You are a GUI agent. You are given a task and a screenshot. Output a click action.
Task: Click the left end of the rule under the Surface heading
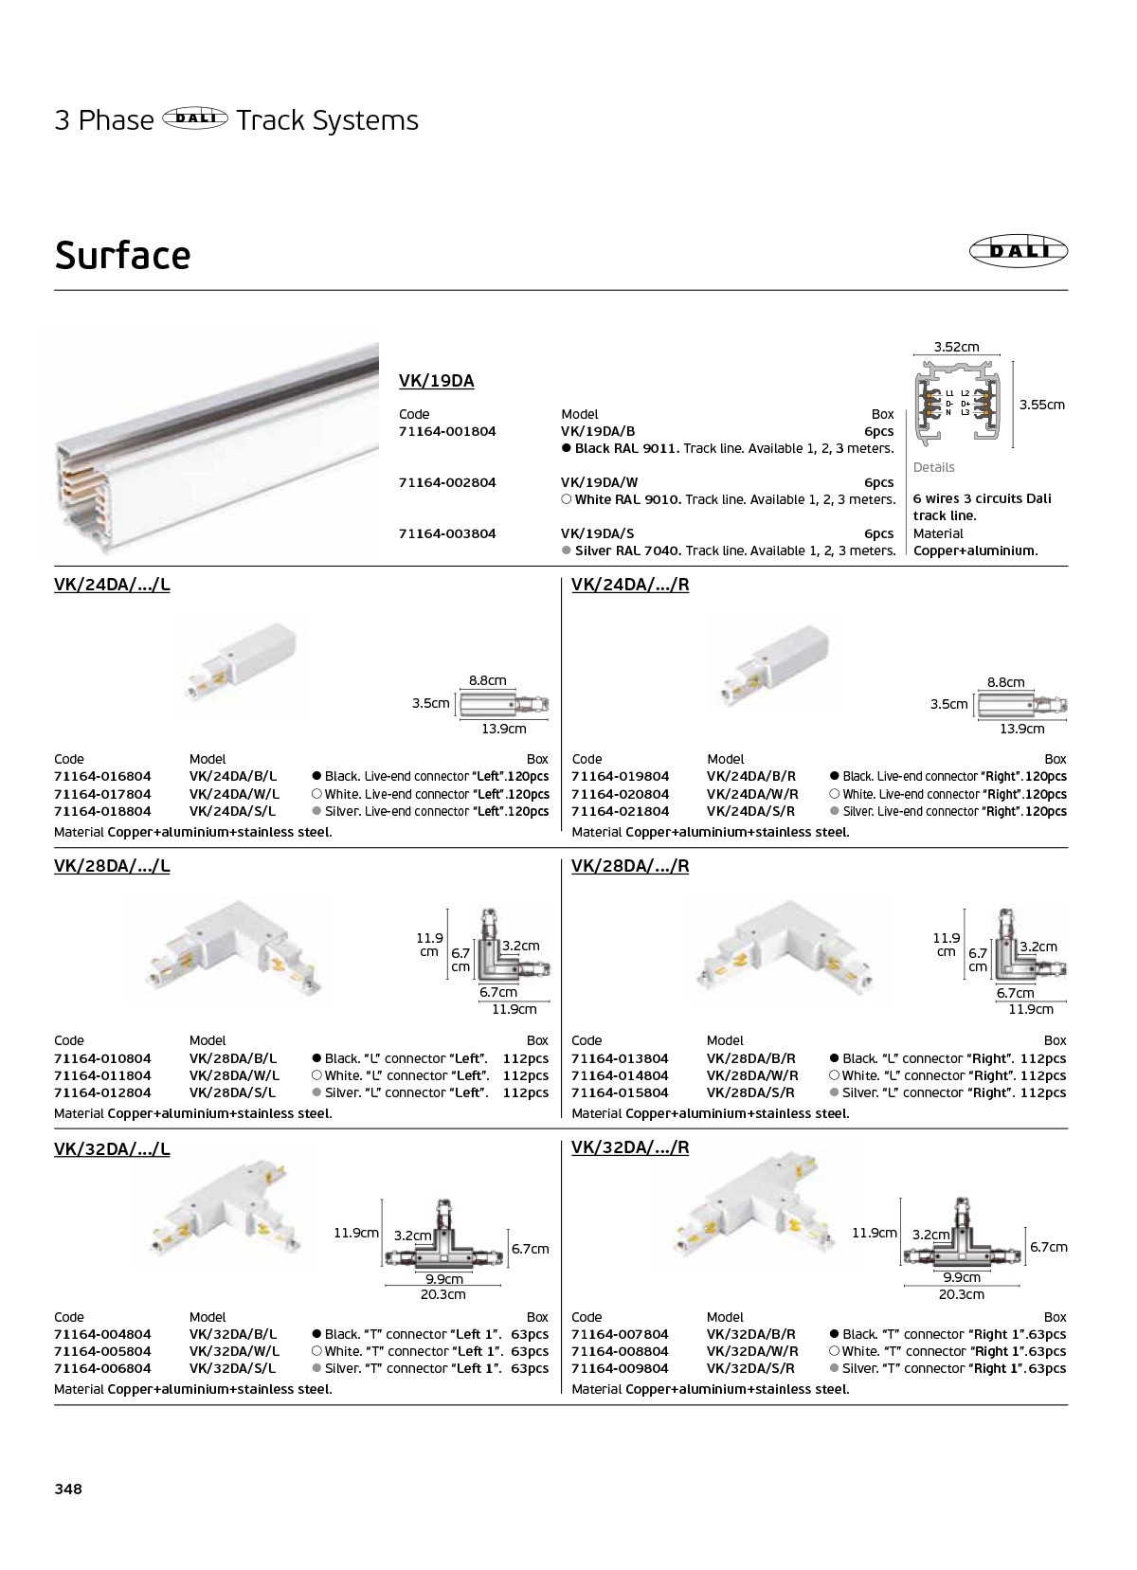(55, 290)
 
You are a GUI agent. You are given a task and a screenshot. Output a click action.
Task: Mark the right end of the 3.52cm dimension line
(1001, 355)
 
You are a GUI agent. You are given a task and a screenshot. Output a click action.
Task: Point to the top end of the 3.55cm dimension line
(1013, 362)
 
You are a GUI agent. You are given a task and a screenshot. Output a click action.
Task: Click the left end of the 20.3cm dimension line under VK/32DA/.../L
(386, 1286)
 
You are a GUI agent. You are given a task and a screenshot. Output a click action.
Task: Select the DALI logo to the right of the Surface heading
(1018, 251)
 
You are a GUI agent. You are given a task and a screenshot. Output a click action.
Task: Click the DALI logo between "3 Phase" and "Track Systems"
(195, 119)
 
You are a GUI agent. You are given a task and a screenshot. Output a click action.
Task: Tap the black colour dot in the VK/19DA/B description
(567, 448)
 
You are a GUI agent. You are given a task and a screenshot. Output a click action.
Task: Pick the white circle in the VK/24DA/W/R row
(834, 794)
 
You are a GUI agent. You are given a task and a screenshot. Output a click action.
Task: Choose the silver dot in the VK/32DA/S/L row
(316, 1367)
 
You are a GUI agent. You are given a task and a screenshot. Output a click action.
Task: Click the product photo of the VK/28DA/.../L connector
(233, 947)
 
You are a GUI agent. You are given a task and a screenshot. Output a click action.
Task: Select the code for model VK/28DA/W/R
(620, 1075)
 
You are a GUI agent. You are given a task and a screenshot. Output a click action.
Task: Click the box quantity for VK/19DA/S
(879, 533)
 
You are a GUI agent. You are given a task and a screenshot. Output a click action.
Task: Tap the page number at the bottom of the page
(68, 1489)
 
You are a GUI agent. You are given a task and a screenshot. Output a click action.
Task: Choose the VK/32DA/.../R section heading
(630, 1147)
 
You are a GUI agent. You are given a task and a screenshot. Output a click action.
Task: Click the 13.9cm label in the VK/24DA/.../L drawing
(503, 729)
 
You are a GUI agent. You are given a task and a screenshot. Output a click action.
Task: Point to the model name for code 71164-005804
(234, 1350)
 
